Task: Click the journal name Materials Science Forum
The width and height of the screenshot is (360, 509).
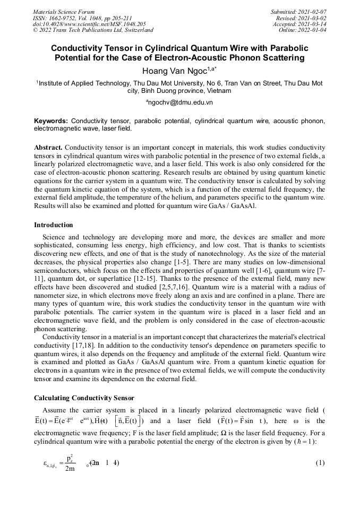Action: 64,12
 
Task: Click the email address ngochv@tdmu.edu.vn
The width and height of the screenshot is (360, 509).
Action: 179,102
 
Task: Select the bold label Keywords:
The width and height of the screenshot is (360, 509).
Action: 51,121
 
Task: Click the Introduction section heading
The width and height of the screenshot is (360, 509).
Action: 54,225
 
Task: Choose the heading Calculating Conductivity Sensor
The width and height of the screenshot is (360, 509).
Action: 84,398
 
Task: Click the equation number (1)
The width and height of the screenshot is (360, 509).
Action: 320,463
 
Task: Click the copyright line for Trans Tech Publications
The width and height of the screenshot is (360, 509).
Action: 93,30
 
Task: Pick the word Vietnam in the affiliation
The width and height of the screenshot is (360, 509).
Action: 220,91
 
